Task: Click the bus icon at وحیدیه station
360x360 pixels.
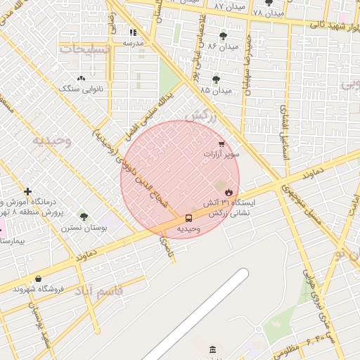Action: (x=188, y=218)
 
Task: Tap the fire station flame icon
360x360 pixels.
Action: (x=229, y=191)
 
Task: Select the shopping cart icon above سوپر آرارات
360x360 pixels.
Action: (x=221, y=143)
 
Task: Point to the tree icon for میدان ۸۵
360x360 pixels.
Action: (x=215, y=79)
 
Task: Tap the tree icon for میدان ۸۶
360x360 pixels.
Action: (x=223, y=36)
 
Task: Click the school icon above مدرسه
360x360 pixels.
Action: (x=133, y=32)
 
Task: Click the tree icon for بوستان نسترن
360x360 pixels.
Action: (x=84, y=217)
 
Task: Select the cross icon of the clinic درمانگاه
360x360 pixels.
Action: (x=27, y=191)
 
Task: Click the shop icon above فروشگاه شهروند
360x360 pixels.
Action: (x=38, y=278)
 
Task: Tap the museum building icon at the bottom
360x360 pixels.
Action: (x=212, y=350)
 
